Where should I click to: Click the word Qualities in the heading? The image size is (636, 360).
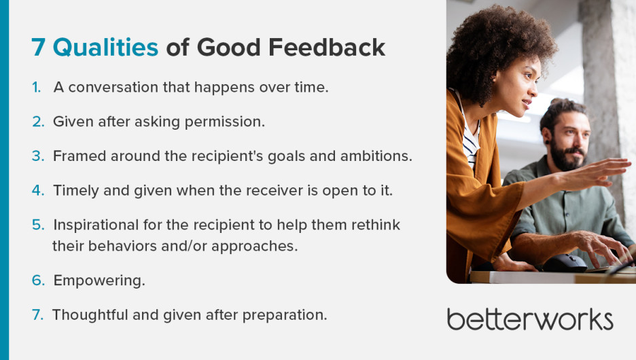(x=105, y=47)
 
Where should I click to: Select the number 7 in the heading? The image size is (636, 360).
(x=39, y=47)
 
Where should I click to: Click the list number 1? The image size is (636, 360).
(x=36, y=88)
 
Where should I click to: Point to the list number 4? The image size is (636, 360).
(x=37, y=191)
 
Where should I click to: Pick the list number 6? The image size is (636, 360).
(x=38, y=281)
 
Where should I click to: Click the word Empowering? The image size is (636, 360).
(x=99, y=281)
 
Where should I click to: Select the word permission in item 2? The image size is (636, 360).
(x=228, y=122)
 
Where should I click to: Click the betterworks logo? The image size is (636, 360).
(x=530, y=319)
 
